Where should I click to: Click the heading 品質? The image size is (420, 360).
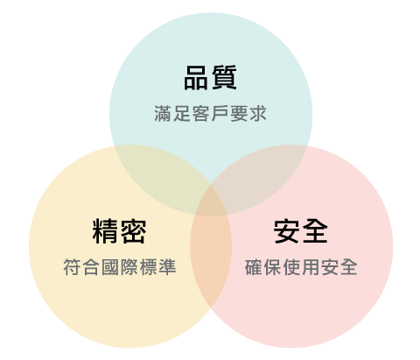pos(210,77)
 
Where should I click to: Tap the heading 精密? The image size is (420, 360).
pos(119,231)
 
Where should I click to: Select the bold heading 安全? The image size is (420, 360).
pos(301,231)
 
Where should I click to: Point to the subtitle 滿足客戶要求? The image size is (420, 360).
pos(210,114)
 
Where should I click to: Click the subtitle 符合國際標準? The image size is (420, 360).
pos(120,267)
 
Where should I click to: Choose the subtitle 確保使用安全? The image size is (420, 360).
pos(301,267)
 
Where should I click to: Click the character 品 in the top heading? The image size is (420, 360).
pos(196,77)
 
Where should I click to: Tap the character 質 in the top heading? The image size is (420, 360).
pos(224,77)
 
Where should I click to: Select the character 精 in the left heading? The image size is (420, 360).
pos(105,231)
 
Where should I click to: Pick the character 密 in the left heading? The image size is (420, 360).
pos(133,231)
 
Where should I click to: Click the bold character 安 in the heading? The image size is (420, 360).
pos(286,231)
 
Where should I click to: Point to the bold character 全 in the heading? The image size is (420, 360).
pos(315,231)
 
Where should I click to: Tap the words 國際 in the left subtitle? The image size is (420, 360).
pos(120,267)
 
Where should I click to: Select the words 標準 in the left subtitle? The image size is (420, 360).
pos(157,267)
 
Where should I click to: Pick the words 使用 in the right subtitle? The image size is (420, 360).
pos(301,267)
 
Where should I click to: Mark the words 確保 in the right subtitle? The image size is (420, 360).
pos(263,267)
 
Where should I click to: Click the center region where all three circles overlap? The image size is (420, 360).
pos(211,202)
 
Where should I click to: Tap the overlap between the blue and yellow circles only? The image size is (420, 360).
pos(164,178)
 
